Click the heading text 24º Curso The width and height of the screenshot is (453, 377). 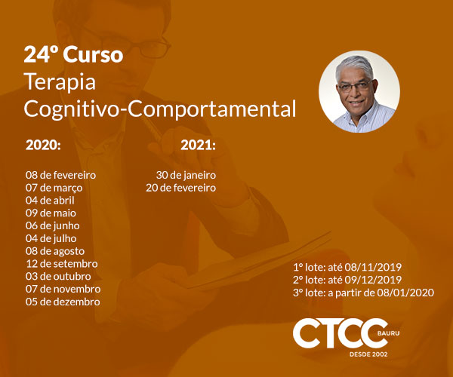73,54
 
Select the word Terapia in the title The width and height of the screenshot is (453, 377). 60,82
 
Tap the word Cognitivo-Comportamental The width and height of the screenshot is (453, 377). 160,109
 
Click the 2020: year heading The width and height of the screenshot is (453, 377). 43,145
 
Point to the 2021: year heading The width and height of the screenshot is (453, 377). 198,145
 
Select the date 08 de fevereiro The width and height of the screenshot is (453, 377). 60,175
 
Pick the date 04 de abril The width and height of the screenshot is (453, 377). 50,200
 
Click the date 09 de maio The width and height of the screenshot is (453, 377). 51,213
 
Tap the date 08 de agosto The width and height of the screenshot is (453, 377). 55,251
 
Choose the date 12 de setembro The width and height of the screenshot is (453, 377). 62,264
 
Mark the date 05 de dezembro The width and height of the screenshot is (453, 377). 63,302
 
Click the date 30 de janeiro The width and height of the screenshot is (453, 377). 186,175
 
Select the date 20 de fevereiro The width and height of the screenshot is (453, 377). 181,188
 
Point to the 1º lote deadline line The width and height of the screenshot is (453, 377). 347,267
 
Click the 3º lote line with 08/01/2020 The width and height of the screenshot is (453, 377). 363,293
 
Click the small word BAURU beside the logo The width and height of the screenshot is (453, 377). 388,333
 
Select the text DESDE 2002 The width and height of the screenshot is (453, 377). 368,354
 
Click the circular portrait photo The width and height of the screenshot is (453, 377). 359,92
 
